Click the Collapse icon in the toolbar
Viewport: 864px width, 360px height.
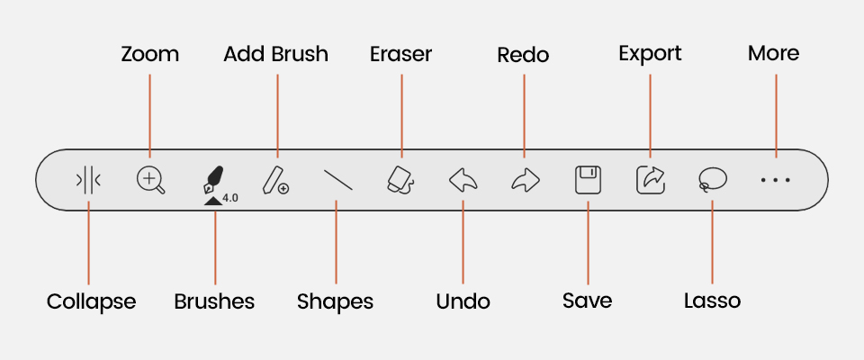tap(88, 181)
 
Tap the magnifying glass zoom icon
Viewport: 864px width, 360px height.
tap(150, 180)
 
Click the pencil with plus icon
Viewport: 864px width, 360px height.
tap(275, 180)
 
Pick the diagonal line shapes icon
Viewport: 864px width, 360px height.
tap(337, 181)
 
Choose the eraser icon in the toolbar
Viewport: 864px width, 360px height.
tap(400, 179)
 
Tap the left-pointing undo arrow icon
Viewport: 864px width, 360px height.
tap(463, 181)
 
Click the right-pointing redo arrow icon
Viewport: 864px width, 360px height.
tap(524, 181)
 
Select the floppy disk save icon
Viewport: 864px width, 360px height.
tap(587, 180)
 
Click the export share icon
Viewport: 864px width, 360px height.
tap(649, 180)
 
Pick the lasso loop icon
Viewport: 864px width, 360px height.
tap(712, 181)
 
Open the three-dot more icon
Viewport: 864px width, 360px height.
tap(775, 181)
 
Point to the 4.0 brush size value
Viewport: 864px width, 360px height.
tap(229, 198)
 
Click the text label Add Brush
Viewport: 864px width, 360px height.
tap(275, 54)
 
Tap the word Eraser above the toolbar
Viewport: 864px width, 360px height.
tap(400, 54)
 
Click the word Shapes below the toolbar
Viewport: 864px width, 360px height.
tap(335, 301)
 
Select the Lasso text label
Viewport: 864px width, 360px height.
tap(712, 301)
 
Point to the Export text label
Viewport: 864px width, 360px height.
tap(650, 54)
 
